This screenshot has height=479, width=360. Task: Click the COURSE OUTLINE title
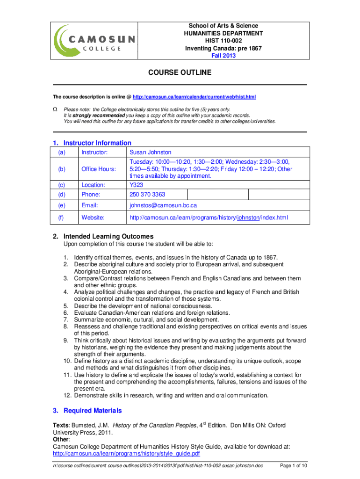(x=180, y=73)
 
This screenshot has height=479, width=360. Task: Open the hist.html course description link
(x=194, y=97)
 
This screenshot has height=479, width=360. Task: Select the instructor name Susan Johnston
(x=151, y=152)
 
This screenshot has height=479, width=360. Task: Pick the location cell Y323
(x=136, y=185)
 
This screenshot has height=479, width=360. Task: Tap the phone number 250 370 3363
(x=147, y=194)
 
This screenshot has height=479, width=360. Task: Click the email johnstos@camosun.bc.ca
(x=163, y=205)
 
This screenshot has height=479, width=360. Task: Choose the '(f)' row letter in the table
(x=61, y=218)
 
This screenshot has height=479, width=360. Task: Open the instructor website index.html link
(x=209, y=218)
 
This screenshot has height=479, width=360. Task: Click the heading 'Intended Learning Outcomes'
(x=108, y=236)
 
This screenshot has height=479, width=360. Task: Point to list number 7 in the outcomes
(x=66, y=319)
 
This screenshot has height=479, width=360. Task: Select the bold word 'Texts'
(x=61, y=425)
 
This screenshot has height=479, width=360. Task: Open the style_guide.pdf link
(x=126, y=453)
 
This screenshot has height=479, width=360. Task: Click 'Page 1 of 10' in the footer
(x=293, y=466)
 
